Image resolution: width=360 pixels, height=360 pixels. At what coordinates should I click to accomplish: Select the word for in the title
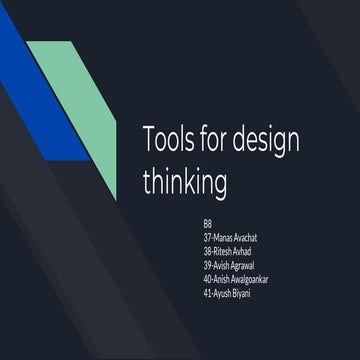pyautogui.click(x=217, y=141)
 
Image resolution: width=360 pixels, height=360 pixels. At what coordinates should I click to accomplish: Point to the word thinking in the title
pyautogui.click(x=185, y=183)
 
